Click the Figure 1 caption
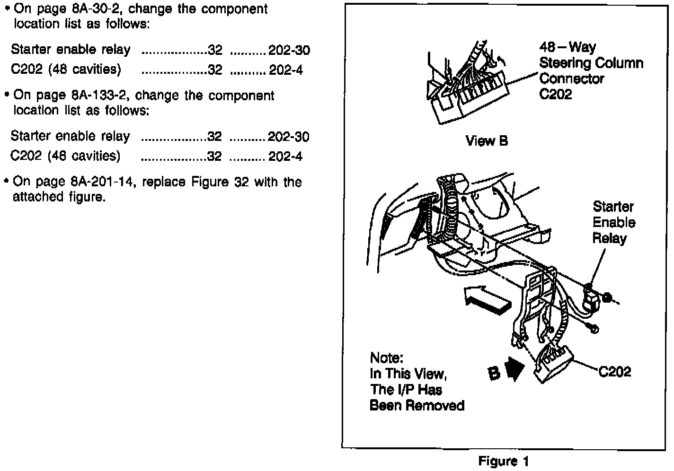tap(504, 461)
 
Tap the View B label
tap(487, 141)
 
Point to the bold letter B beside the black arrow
tap(494, 373)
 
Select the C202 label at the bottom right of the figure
tap(614, 372)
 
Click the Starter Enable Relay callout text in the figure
tap(614, 222)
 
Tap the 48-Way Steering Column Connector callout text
tap(591, 70)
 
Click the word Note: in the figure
tap(386, 358)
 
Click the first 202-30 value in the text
tap(289, 50)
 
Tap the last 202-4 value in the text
tap(286, 157)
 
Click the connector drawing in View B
tap(469, 90)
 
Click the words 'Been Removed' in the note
tap(417, 405)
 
